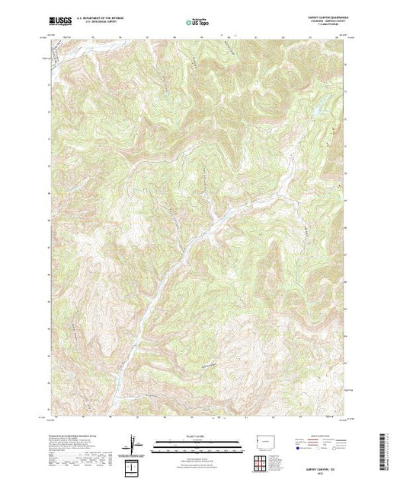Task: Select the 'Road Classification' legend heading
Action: tap(323, 434)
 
